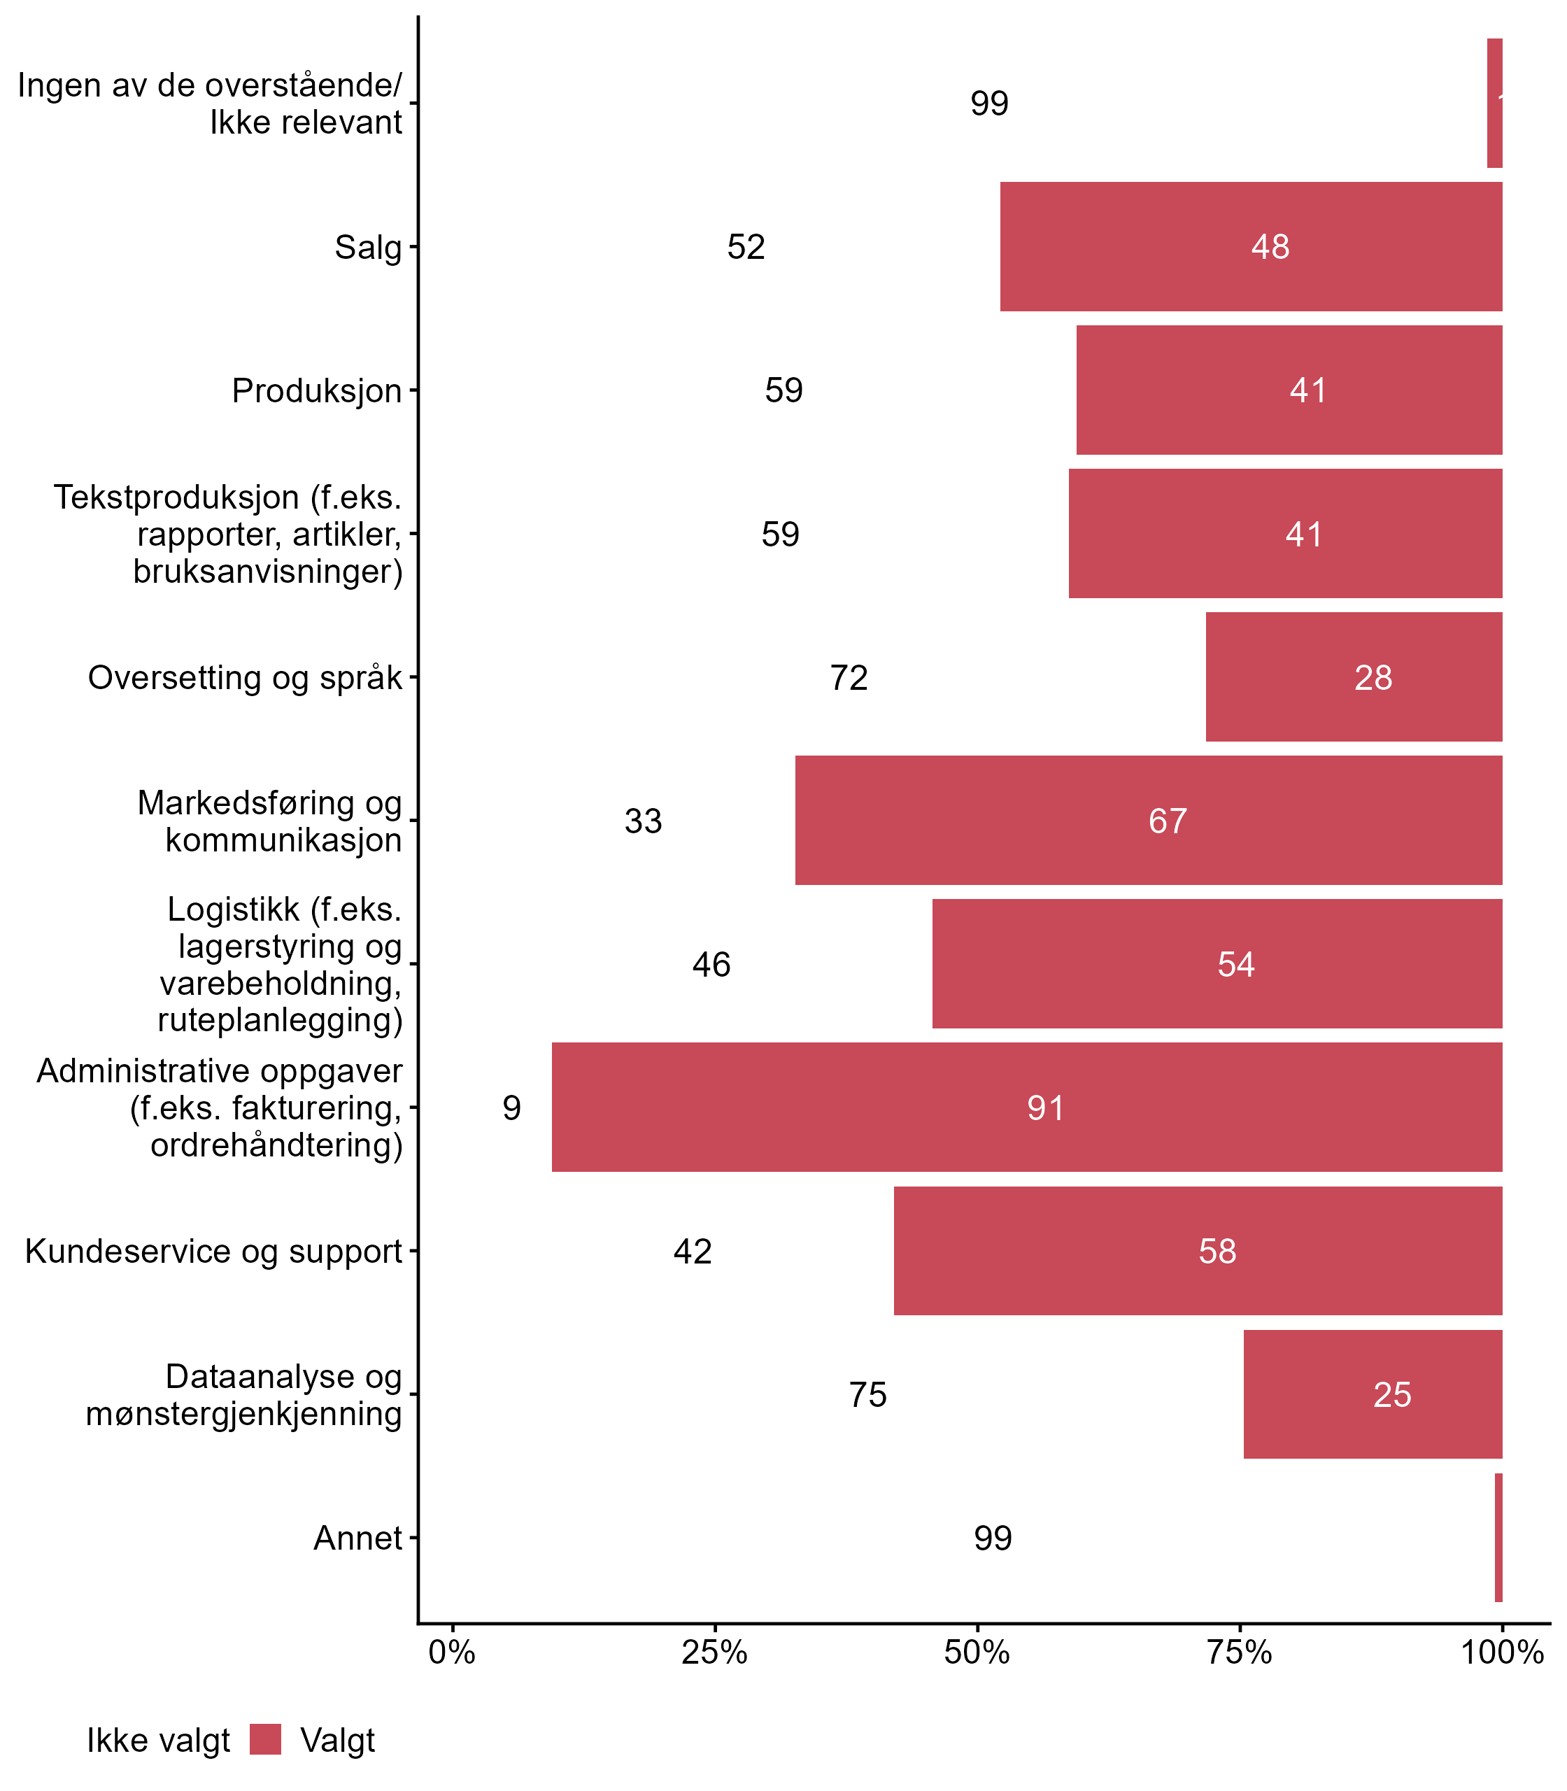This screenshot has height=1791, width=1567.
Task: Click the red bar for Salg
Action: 1251,246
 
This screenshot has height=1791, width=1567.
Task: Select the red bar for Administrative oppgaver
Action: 1027,1107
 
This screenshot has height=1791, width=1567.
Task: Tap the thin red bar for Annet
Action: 1498,1538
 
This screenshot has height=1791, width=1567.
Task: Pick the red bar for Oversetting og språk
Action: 1354,677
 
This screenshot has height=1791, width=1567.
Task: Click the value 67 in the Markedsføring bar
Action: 1168,821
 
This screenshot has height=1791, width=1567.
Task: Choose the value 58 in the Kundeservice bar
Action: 1217,1252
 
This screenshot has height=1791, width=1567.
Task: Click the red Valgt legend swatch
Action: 265,1739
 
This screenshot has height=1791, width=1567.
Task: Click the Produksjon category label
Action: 316,391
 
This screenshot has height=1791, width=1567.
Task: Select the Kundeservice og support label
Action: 213,1252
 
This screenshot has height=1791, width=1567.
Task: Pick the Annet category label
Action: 357,1538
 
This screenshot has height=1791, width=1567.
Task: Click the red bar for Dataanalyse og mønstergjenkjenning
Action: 1373,1394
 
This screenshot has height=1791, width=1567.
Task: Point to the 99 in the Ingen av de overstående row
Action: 989,104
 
